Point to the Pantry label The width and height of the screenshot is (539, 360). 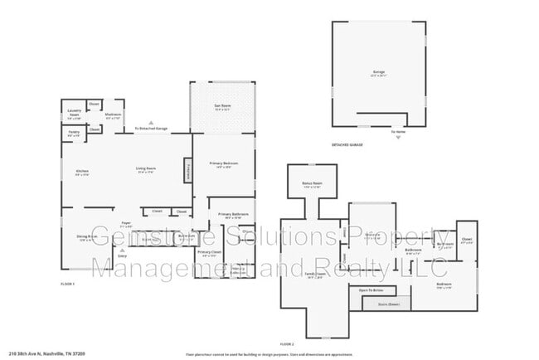[74, 133]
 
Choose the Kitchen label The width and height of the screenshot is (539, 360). [82, 173]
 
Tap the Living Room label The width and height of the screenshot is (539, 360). [146, 171]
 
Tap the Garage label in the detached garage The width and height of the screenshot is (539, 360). [378, 74]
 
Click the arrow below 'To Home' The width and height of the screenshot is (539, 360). [398, 138]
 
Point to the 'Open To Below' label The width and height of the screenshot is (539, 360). [371, 290]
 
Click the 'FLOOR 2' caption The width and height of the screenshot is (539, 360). [288, 343]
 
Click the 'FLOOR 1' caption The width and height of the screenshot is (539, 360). [69, 284]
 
